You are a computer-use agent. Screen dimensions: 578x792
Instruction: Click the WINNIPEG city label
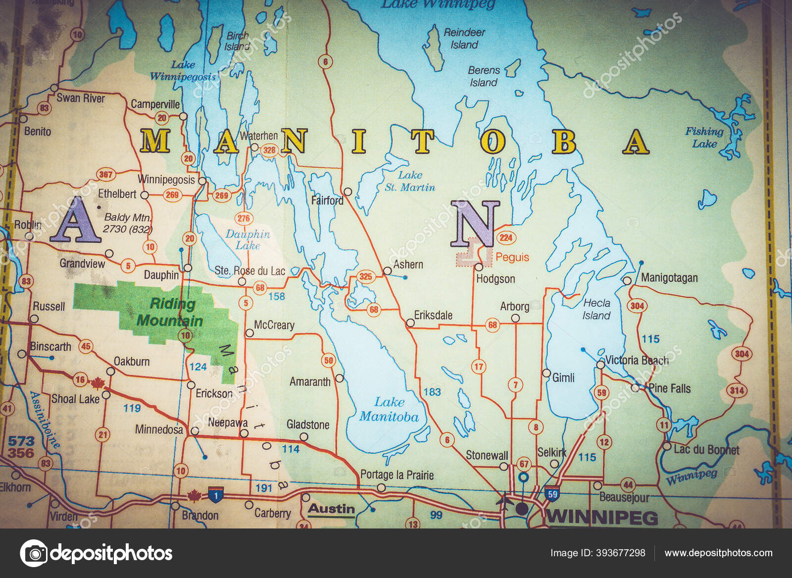click(x=601, y=517)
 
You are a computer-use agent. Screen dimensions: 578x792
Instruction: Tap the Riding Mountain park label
click(x=170, y=313)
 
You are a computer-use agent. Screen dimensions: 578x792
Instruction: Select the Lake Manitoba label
click(x=389, y=409)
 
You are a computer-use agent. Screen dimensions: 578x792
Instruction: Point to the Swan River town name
click(x=81, y=98)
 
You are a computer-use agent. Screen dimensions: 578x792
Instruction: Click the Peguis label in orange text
click(x=512, y=257)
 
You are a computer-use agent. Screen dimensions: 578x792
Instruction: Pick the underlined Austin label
click(x=331, y=509)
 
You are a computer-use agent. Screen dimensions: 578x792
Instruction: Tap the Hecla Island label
click(x=596, y=309)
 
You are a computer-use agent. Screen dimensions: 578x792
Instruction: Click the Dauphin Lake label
click(x=247, y=240)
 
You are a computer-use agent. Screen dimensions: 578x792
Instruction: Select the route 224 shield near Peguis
click(x=505, y=237)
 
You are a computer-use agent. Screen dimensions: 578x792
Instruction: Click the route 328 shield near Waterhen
click(x=269, y=150)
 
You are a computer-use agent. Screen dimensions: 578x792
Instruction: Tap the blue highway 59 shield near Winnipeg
click(x=552, y=493)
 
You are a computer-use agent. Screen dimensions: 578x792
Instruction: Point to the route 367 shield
click(x=105, y=174)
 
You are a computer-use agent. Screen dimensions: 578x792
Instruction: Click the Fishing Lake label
click(x=704, y=137)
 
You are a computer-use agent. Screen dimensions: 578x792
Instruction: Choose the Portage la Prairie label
click(x=396, y=475)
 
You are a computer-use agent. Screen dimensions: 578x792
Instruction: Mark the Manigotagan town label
click(x=669, y=278)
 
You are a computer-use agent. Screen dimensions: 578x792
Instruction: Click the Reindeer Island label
click(x=464, y=38)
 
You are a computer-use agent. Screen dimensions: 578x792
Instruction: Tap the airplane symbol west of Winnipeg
click(x=504, y=501)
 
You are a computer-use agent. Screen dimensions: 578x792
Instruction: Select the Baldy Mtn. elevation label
click(x=128, y=223)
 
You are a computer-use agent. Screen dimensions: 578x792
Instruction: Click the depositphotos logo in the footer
click(x=97, y=553)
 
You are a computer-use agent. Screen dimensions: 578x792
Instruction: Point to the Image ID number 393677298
click(x=597, y=553)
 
